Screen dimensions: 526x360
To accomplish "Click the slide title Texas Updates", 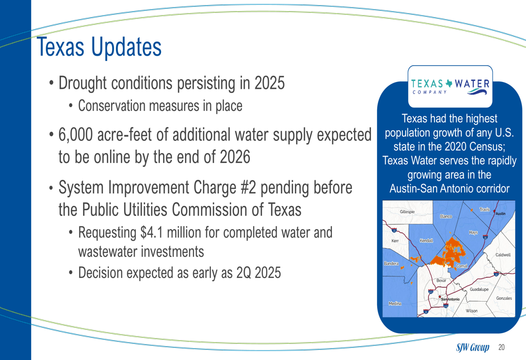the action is click(99, 47).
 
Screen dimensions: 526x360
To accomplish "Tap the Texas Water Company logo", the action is click(450, 87).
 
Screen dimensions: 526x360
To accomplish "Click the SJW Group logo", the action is click(472, 347).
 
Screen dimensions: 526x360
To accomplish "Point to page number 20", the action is click(501, 347).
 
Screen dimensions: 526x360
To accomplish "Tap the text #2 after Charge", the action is click(248, 188).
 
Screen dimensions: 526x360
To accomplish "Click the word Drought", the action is click(83, 83).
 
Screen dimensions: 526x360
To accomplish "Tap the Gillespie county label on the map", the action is click(407, 211).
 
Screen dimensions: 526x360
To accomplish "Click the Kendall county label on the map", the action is click(427, 240).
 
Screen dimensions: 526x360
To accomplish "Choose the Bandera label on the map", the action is click(391, 263).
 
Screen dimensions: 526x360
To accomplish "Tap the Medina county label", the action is click(395, 303).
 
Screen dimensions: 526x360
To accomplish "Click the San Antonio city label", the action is click(450, 299).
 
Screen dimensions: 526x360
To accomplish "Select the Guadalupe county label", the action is click(479, 289).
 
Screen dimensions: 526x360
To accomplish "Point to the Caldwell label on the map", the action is click(503, 255).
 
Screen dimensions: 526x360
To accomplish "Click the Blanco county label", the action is click(446, 217).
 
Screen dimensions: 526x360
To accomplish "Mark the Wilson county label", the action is click(471, 311).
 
